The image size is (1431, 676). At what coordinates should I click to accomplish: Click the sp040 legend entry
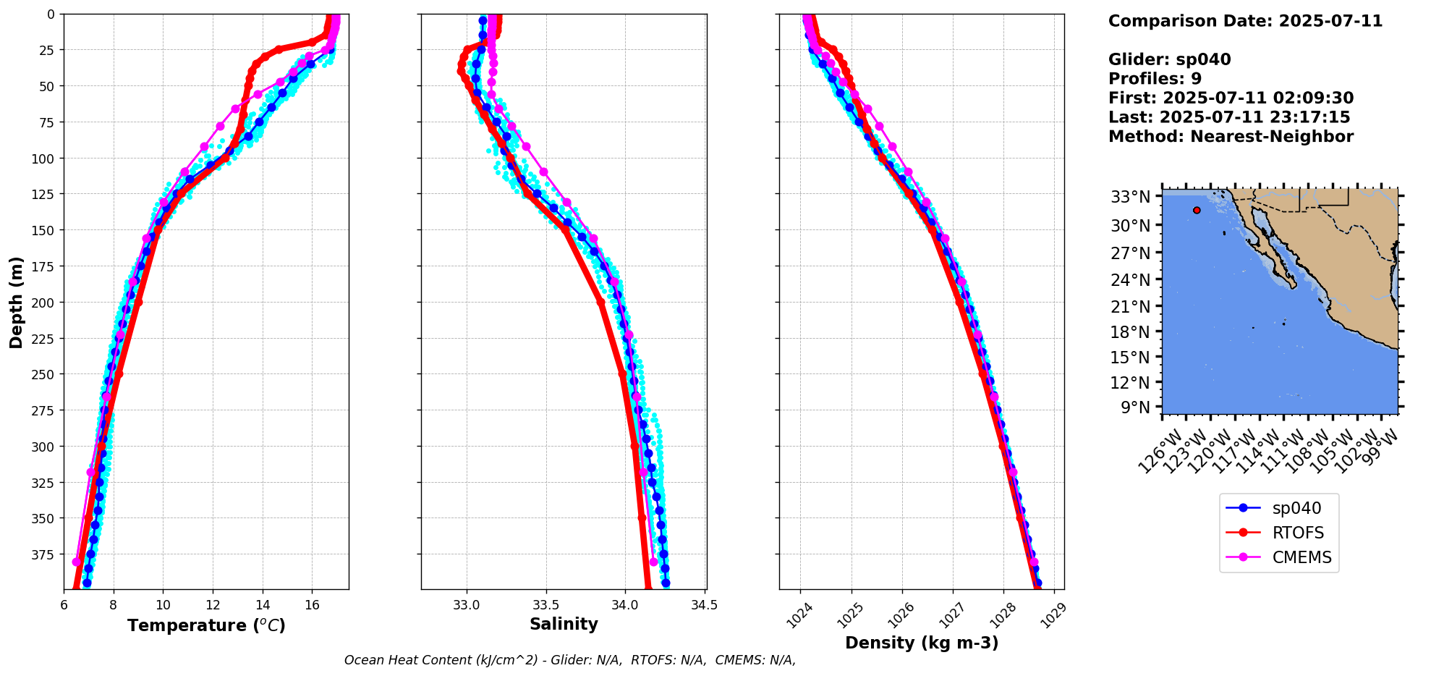tap(1294, 508)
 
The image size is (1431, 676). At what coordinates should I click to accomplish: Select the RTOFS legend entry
tap(1297, 533)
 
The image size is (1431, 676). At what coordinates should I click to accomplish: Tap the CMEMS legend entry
tap(1301, 557)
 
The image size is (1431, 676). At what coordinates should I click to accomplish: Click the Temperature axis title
tap(206, 625)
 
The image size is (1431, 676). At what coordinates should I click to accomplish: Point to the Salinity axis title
tap(564, 624)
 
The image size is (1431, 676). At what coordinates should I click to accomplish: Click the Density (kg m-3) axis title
tap(922, 643)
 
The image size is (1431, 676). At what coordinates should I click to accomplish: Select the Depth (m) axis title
tap(16, 302)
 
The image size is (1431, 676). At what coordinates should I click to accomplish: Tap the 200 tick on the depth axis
tap(44, 303)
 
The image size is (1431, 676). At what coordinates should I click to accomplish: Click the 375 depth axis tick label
tap(44, 554)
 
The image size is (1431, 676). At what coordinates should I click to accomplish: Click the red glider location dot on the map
tap(1197, 211)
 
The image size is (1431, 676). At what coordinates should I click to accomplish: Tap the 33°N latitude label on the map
tap(1130, 197)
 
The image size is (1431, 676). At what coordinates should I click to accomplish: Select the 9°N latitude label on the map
tap(1135, 407)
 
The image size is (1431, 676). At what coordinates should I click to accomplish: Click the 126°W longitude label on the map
tap(1160, 452)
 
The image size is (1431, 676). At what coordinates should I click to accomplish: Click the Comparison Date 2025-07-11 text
tap(1245, 21)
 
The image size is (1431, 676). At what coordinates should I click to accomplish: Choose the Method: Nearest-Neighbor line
tap(1231, 137)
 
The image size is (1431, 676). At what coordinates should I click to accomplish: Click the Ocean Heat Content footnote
tap(570, 660)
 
